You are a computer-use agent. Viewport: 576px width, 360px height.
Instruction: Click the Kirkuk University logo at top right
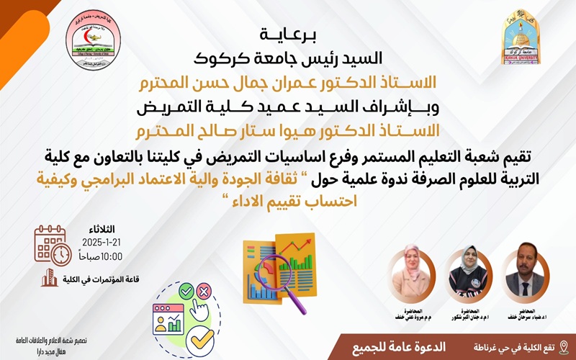[x=521, y=37]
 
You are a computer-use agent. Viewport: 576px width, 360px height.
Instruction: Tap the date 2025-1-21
[x=103, y=242]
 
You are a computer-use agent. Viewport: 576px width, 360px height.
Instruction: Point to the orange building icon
[x=49, y=278]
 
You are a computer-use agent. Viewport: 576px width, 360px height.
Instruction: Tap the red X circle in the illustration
[x=203, y=292]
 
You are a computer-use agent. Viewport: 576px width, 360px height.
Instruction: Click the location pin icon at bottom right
[x=563, y=348]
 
